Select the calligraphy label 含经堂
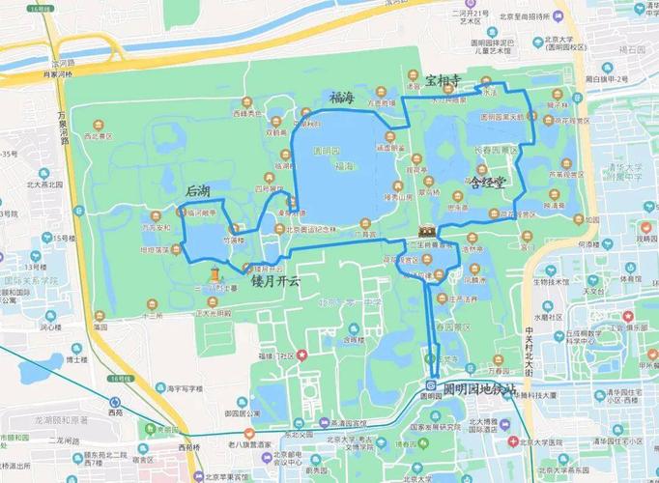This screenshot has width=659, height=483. pyautogui.click(x=488, y=181)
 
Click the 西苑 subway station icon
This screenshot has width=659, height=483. pyautogui.click(x=116, y=403)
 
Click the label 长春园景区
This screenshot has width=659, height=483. pyautogui.click(x=471, y=150)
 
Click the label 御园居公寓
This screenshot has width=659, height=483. pyautogui.click(x=244, y=412)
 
